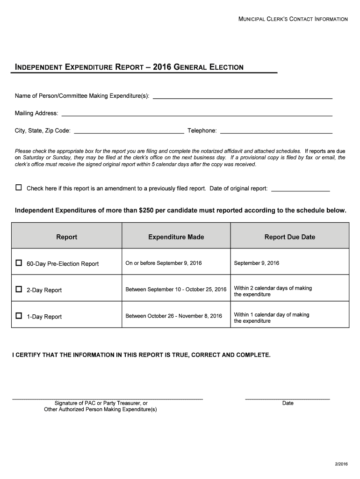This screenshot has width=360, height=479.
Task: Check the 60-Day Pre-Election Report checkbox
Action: [19, 263]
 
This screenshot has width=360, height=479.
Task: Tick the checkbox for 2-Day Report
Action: [19, 290]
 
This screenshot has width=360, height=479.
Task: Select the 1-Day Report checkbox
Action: [19, 316]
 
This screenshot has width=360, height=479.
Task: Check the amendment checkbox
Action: [19, 188]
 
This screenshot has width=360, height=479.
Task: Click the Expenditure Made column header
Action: [176, 237]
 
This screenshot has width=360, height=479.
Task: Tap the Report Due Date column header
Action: [289, 237]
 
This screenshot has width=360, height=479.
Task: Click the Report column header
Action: [66, 237]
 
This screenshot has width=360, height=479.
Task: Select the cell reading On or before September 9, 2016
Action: [164, 263]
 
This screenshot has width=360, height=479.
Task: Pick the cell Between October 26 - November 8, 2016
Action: [173, 316]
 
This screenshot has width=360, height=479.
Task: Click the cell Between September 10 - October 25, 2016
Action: [176, 290]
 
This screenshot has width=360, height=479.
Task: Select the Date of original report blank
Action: [300, 190]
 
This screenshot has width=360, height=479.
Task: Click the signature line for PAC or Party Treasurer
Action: [107, 398]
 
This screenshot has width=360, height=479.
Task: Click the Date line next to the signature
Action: [288, 398]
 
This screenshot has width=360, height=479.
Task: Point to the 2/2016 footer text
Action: [341, 463]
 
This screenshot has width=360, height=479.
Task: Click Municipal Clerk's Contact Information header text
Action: [293, 19]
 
